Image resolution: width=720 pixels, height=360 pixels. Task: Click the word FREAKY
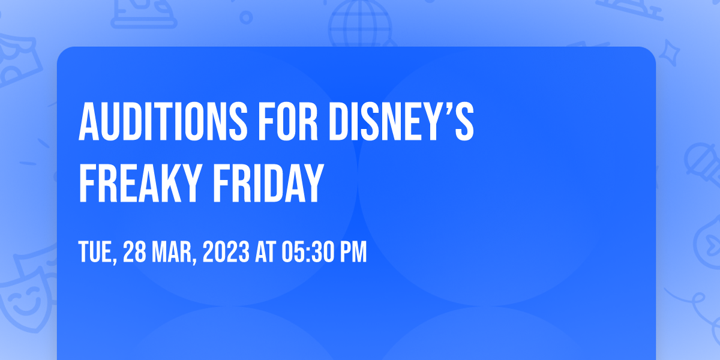(x=140, y=183)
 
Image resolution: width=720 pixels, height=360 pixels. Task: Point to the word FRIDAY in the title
(x=268, y=183)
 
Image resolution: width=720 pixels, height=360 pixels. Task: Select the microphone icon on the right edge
(x=703, y=164)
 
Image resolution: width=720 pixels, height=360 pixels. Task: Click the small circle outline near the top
(x=246, y=17)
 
